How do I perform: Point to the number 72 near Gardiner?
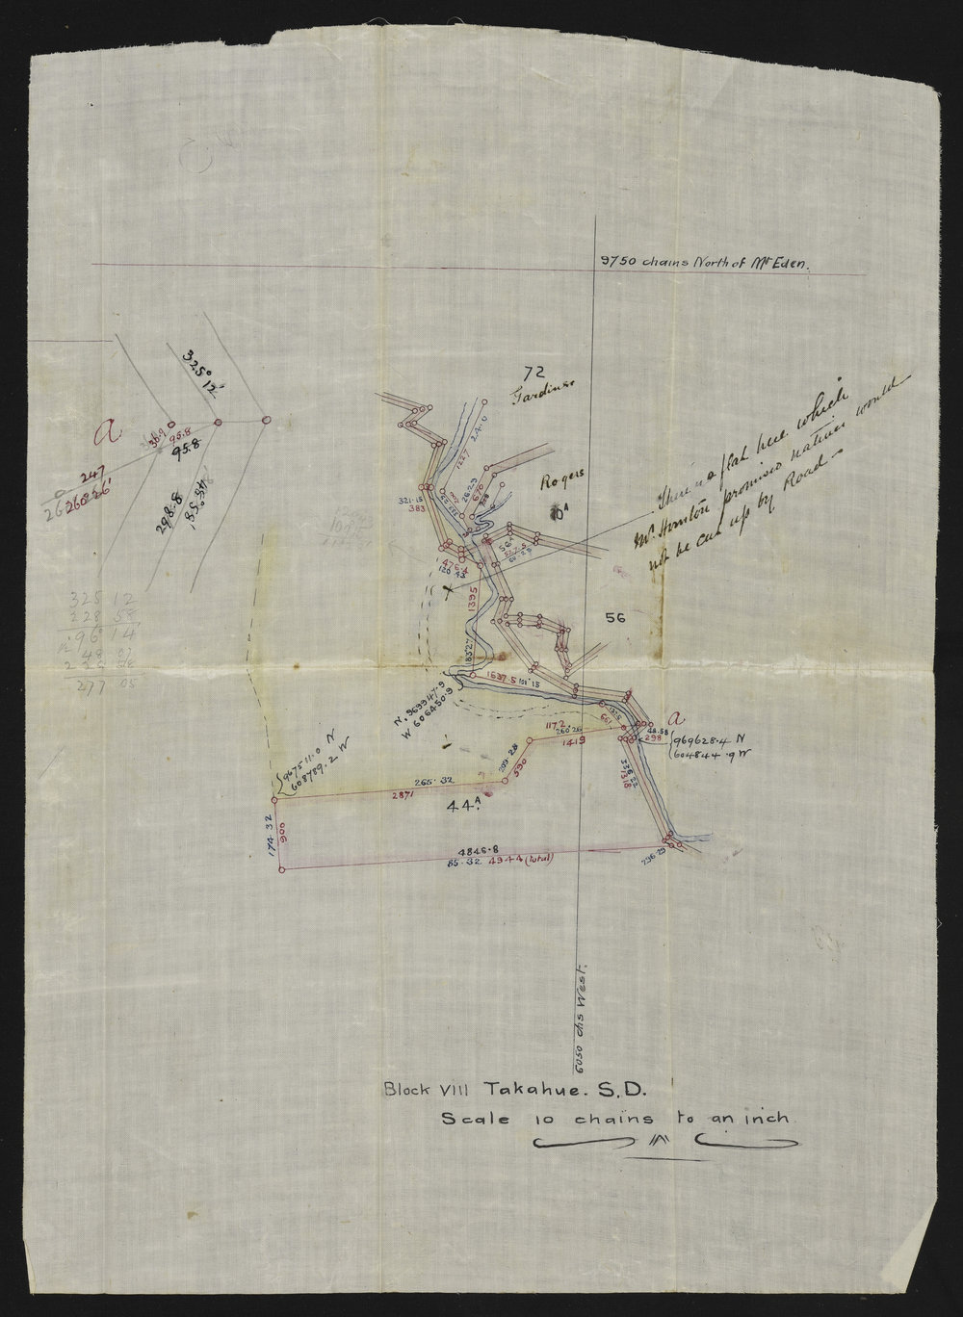(526, 371)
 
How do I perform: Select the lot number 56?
(615, 620)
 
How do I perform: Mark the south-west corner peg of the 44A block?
(281, 870)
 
